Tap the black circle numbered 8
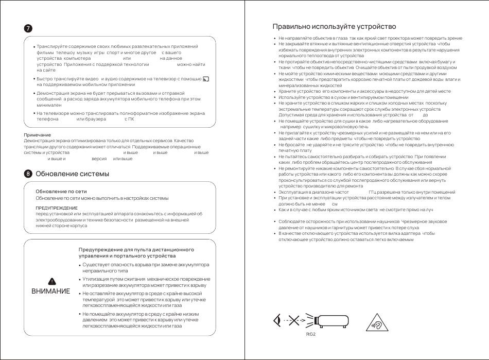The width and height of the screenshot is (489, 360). click(x=29, y=174)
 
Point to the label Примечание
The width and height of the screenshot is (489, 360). click(x=38, y=135)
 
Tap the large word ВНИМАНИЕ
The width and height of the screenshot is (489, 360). click(x=50, y=291)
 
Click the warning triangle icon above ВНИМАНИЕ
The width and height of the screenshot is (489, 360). click(x=51, y=281)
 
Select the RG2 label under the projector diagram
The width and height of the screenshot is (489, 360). click(x=311, y=333)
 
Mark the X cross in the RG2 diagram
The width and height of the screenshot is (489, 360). click(x=294, y=321)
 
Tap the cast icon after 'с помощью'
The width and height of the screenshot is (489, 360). click(x=206, y=79)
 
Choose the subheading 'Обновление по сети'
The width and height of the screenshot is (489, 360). click(x=57, y=192)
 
